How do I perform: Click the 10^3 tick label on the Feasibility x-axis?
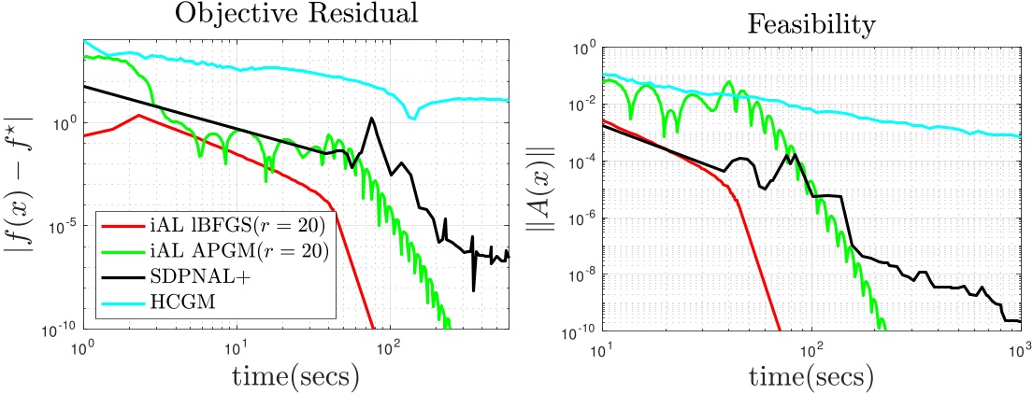tap(1018, 348)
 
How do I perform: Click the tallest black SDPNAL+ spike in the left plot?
tap(372, 119)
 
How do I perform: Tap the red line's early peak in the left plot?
tap(138, 116)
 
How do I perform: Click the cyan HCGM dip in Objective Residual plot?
tap(411, 118)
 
